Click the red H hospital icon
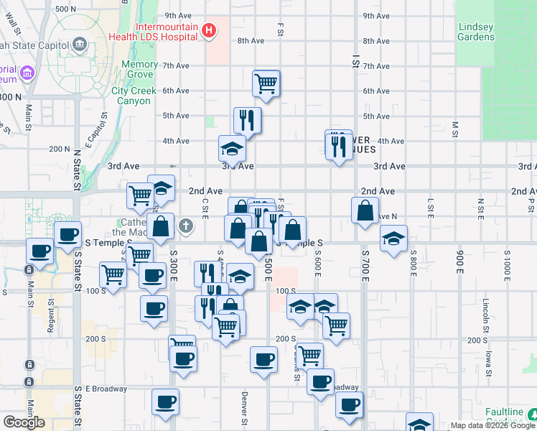208,30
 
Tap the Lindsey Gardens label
476,32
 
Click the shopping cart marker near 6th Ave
266,83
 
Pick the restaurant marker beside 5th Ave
247,120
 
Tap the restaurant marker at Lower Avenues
337,147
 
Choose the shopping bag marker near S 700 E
365,211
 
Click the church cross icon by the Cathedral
186,226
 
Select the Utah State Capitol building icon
78,45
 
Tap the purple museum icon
28,73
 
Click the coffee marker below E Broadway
165,402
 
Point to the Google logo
24,422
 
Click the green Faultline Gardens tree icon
533,414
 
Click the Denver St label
245,408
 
